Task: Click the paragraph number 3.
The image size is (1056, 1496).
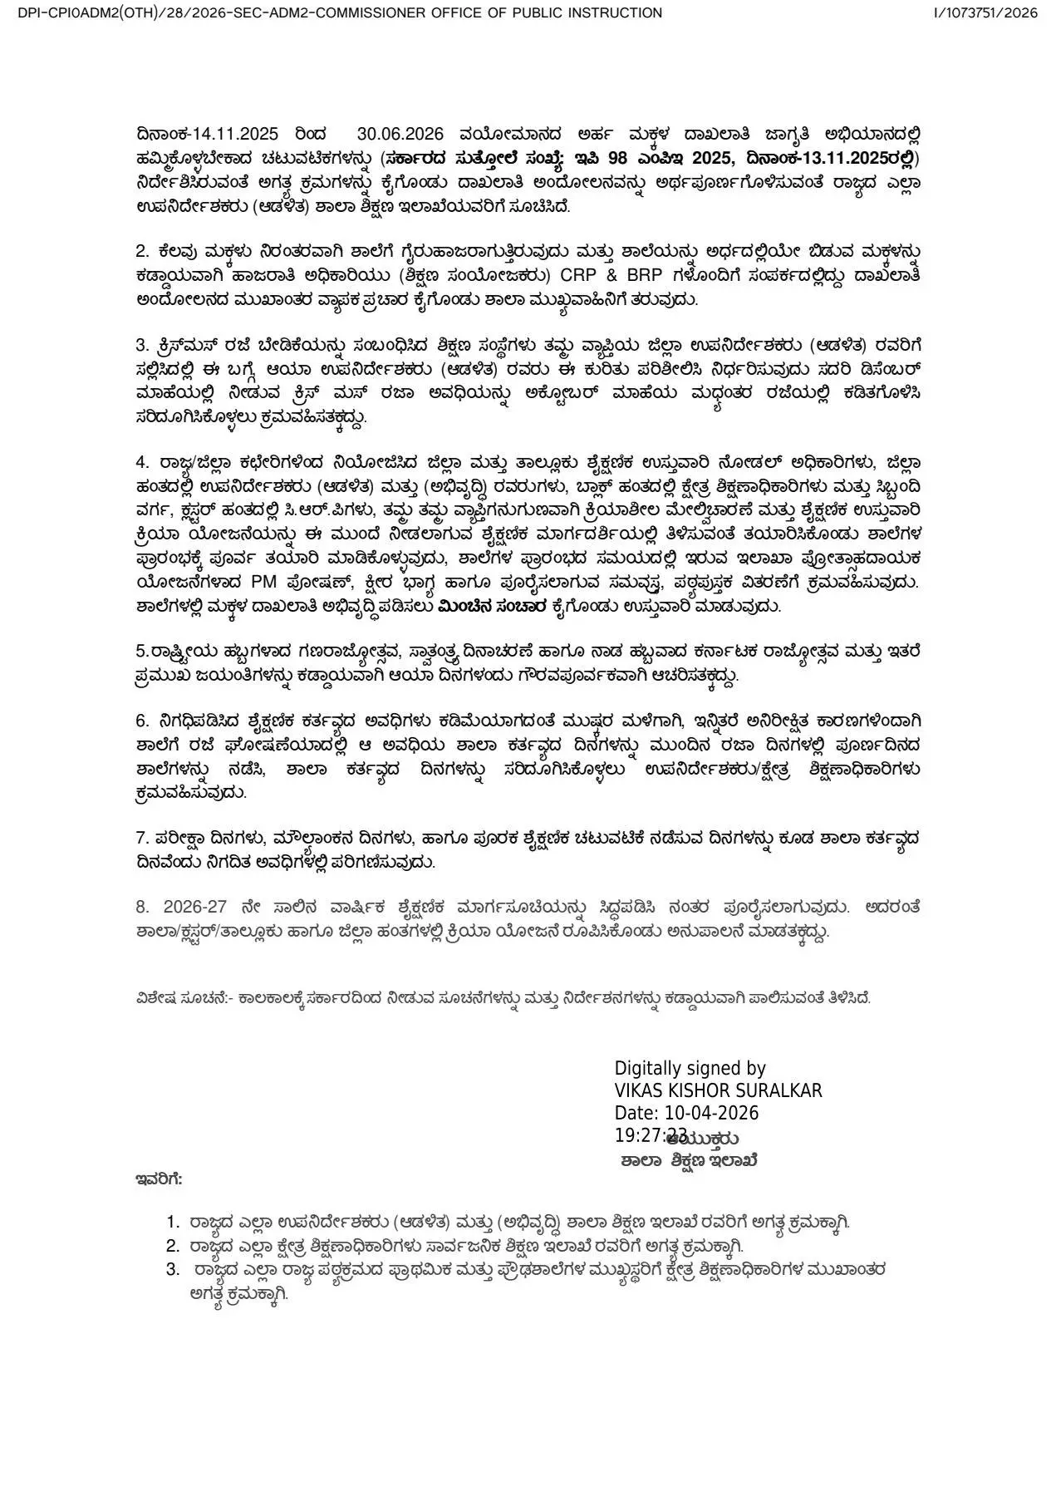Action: [141, 345]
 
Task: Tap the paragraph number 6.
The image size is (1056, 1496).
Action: [141, 720]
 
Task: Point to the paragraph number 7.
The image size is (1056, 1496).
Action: [141, 838]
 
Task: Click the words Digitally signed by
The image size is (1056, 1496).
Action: [690, 1069]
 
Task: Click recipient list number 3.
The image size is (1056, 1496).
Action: [173, 1269]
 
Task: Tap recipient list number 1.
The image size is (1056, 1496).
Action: [173, 1222]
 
